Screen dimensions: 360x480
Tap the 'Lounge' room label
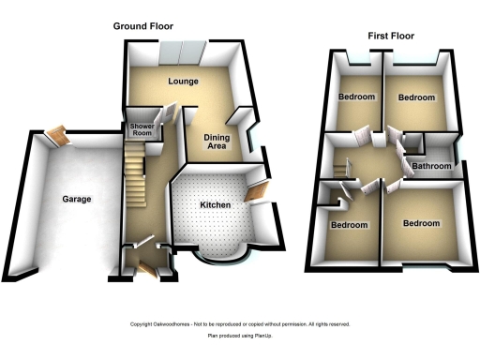point(183,82)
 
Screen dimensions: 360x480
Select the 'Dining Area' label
point(217,142)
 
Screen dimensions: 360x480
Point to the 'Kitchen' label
point(215,204)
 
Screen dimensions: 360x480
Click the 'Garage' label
point(77,200)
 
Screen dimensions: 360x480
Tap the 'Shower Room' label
point(142,128)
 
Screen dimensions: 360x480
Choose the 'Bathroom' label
point(432,167)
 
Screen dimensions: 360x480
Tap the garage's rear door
point(59,137)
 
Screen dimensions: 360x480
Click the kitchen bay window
point(221,254)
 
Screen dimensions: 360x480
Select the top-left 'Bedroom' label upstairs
point(357,97)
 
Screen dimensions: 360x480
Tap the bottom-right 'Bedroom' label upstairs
point(422,223)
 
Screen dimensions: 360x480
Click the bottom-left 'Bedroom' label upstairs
point(349,225)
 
